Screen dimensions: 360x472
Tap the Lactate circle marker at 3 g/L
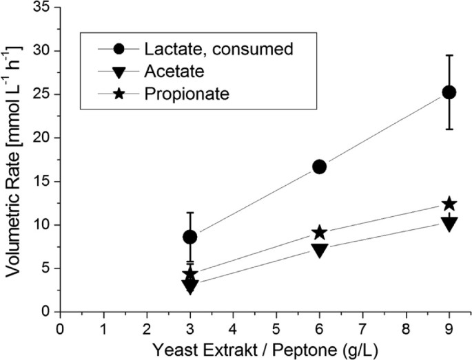(x=190, y=237)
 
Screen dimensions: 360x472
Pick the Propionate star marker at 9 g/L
(x=449, y=204)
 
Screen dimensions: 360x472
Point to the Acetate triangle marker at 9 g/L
(x=449, y=224)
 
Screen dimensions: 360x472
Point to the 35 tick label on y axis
(x=43, y=8)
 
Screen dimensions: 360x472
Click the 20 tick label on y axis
(x=43, y=138)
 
